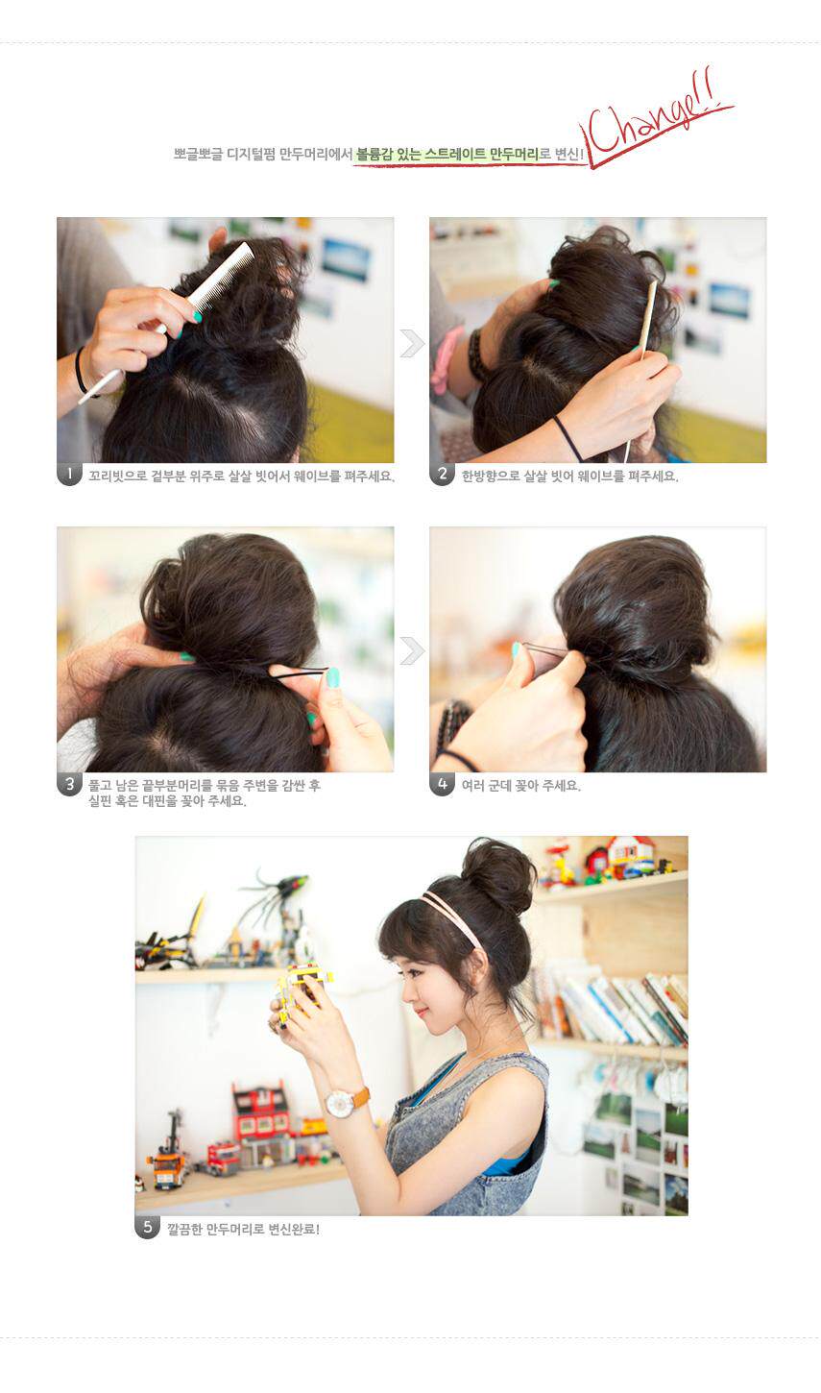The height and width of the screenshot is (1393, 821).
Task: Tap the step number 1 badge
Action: (69, 474)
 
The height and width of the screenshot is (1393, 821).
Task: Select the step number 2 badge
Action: (442, 474)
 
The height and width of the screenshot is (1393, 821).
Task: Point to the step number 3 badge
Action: (69, 784)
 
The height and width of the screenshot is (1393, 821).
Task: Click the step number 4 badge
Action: (442, 784)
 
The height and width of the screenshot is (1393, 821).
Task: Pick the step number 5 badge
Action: (147, 1227)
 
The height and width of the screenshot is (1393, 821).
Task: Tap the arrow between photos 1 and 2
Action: (412, 343)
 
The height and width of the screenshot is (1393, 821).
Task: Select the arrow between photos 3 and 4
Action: (412, 650)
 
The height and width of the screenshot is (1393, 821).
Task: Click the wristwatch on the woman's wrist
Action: (342, 1102)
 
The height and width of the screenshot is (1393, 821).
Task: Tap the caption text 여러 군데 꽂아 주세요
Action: (520, 785)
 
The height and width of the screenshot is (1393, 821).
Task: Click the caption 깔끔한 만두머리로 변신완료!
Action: (243, 1228)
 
